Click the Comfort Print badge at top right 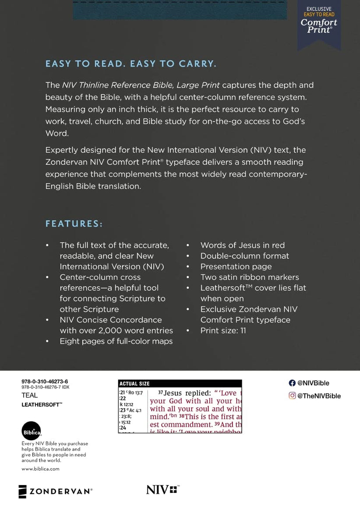319,22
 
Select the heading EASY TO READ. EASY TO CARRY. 131,64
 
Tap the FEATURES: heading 74,224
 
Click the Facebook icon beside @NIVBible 292,383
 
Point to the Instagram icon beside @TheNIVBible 292,396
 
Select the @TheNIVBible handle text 319,396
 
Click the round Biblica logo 31,431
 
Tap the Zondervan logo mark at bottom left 23,492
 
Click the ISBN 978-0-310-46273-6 45,382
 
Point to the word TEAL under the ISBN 30,396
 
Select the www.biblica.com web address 40,469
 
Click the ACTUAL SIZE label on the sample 134,384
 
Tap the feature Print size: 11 223,331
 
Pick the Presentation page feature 236,267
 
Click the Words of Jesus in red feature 242,245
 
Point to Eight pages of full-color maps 116,341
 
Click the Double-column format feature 244,256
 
